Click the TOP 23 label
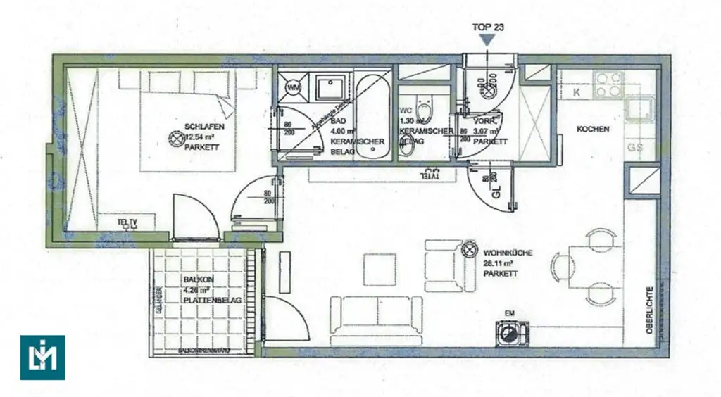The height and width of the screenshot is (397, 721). [488, 28]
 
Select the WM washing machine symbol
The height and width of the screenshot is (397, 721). [293, 87]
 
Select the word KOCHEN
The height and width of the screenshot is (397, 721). [592, 130]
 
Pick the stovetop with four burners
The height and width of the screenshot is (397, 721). [608, 85]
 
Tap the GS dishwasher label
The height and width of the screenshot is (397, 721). [635, 148]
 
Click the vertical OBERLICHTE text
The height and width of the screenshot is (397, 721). [650, 309]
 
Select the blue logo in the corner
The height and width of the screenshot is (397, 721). [42, 357]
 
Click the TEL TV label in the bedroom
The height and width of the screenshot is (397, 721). [127, 223]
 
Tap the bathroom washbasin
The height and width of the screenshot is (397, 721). [331, 89]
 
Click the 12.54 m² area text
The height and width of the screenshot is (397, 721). [200, 137]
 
